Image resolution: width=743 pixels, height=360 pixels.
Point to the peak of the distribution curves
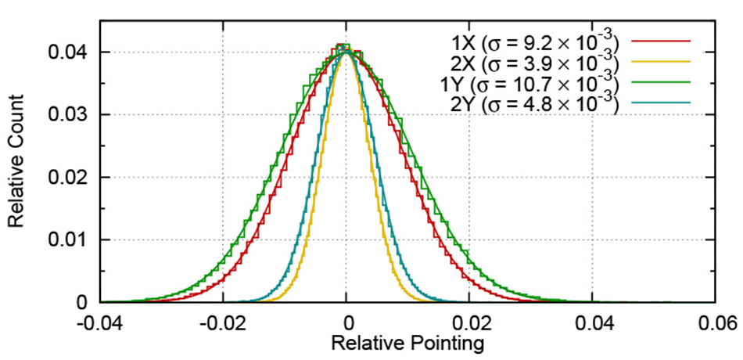[346, 49]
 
